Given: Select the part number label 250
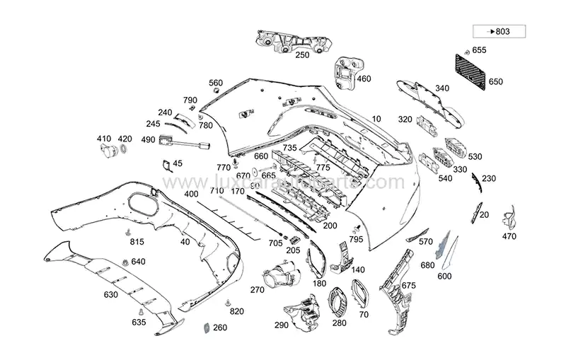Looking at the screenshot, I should (301, 54).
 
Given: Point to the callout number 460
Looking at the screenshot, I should (364, 79).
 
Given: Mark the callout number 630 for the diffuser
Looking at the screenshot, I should (110, 294).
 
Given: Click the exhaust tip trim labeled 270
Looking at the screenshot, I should (280, 276).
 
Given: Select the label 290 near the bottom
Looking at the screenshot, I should (282, 325).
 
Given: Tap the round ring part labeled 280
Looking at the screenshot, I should (340, 301).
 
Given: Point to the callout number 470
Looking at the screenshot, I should (509, 236).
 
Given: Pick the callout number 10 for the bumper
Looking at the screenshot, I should (376, 119).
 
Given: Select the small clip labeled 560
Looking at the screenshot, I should (216, 91).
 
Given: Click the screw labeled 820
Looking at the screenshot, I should (228, 302).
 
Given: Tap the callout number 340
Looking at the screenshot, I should (442, 88).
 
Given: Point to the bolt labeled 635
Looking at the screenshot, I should (141, 312).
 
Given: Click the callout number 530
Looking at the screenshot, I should (475, 156).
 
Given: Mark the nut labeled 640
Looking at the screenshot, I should (125, 263).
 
